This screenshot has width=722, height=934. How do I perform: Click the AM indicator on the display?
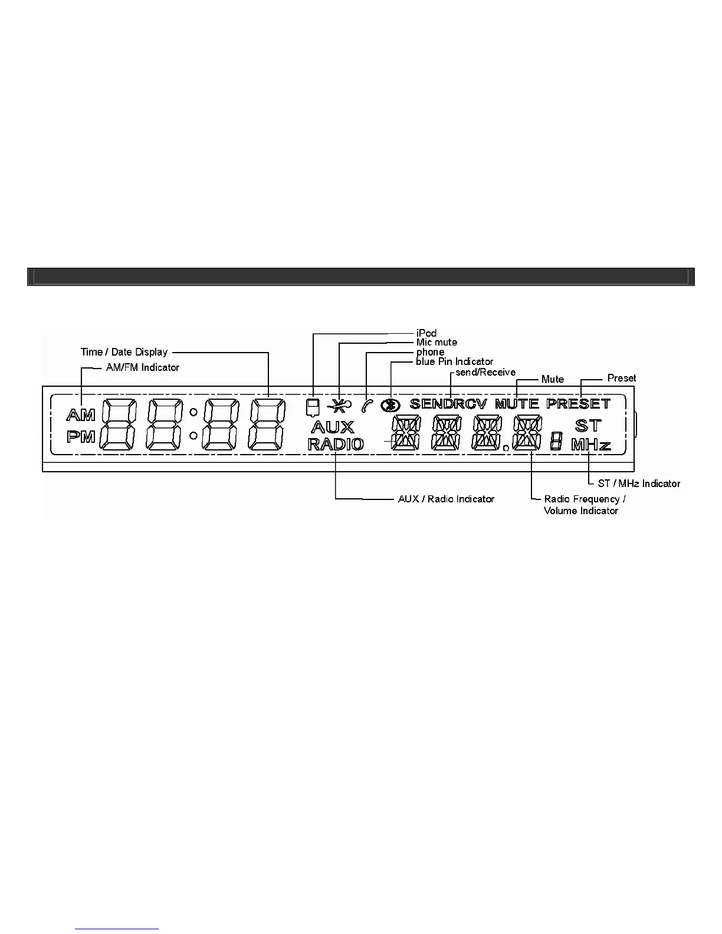[x=81, y=416]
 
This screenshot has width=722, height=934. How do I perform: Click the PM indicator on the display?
[x=81, y=438]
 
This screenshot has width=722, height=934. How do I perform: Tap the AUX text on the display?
[x=333, y=427]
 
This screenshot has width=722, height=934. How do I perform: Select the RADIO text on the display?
[x=336, y=444]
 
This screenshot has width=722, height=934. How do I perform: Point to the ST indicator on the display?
[x=588, y=426]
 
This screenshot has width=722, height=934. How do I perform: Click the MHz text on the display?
[x=590, y=445]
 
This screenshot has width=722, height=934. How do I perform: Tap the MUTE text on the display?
[x=517, y=404]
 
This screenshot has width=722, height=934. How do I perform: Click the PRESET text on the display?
[x=578, y=404]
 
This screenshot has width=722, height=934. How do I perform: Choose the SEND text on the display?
[x=432, y=404]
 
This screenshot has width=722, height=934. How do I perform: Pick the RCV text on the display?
[x=471, y=404]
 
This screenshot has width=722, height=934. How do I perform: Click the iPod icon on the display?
[x=313, y=406]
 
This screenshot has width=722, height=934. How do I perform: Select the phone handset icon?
[x=367, y=405]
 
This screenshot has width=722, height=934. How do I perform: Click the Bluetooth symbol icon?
[x=390, y=405]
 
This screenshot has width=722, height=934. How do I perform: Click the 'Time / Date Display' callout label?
[x=124, y=352]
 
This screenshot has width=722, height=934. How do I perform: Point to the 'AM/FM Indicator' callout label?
[x=142, y=367]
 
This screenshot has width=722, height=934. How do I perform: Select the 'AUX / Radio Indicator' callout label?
[x=446, y=499]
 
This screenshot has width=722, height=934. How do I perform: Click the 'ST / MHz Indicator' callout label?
[x=639, y=484]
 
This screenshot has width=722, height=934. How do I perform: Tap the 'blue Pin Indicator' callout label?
[x=455, y=361]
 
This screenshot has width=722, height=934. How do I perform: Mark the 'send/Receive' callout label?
[x=485, y=372]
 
